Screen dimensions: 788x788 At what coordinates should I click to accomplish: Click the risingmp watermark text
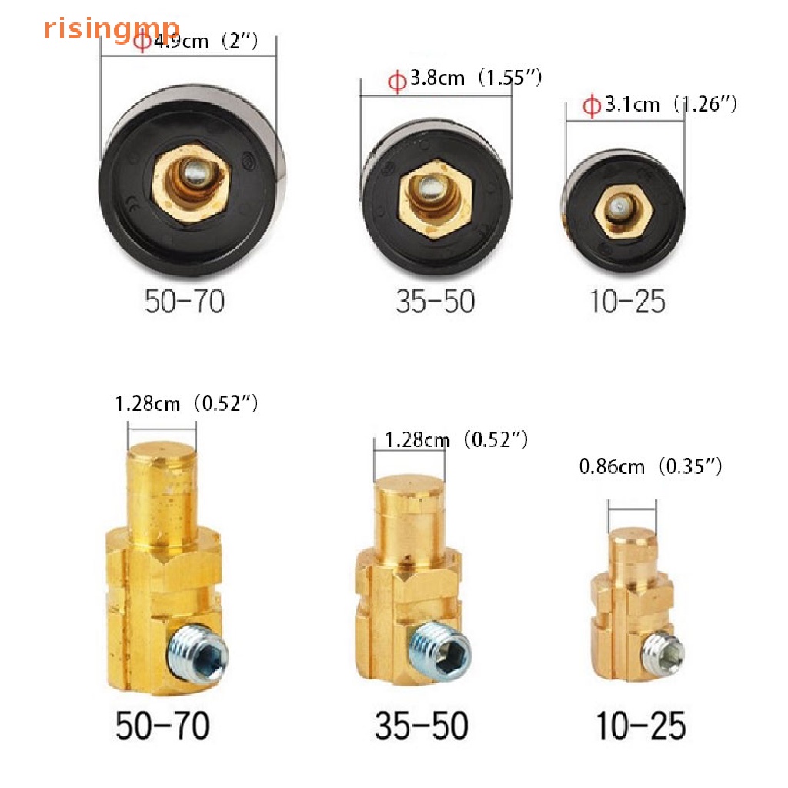[x=112, y=28]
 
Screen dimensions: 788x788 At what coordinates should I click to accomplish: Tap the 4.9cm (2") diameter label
[x=196, y=41]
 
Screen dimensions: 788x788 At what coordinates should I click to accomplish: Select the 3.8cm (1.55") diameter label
[x=466, y=78]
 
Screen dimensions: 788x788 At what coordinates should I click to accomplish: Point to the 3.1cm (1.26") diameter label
[x=659, y=105]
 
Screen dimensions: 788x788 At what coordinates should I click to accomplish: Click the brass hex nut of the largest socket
[x=191, y=182]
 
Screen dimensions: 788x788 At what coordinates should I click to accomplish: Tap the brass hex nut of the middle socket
[x=436, y=198]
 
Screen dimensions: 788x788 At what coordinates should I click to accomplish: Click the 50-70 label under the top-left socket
[x=185, y=302]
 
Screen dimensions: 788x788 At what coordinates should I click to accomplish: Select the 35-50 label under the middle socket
[x=436, y=302]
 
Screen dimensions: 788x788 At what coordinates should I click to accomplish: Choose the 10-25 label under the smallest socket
[x=628, y=302]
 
